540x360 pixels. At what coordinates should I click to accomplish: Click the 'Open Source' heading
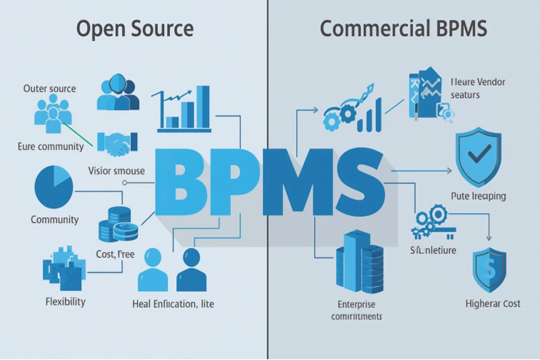(135, 29)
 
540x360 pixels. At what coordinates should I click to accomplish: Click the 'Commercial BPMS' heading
(404, 29)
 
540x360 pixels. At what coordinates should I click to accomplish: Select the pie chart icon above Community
(53, 188)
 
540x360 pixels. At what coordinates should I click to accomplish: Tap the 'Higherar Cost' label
(493, 303)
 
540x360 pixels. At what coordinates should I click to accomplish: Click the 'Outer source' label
(49, 88)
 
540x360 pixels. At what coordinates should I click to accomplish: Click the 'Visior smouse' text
(116, 171)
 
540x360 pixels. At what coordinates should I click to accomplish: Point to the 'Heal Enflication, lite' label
(174, 304)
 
